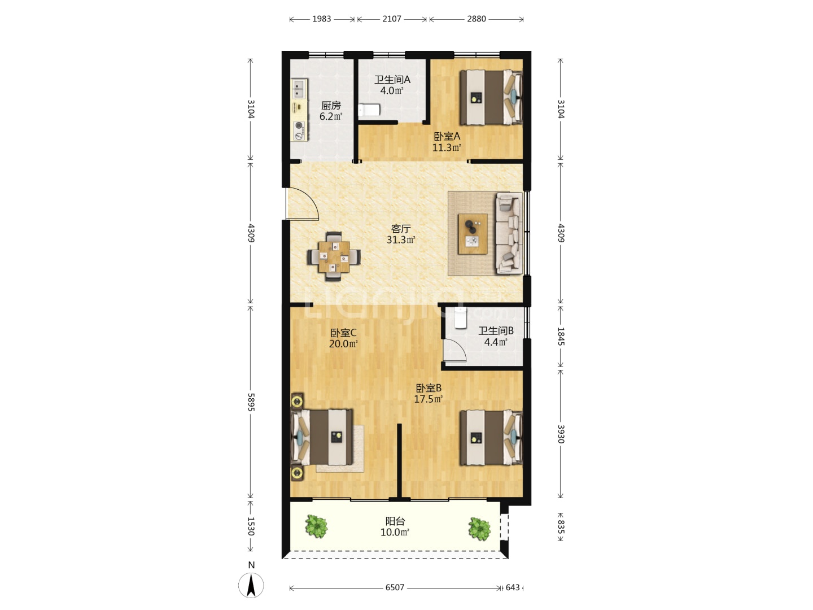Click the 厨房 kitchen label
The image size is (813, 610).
click(331, 106)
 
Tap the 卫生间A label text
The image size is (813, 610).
click(392, 80)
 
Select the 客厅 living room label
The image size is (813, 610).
click(401, 229)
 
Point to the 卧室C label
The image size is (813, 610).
click(343, 333)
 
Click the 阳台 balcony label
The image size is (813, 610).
click(395, 521)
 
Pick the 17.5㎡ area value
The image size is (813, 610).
click(428, 399)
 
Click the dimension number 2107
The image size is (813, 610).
click(391, 19)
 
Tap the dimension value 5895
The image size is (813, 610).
click(251, 402)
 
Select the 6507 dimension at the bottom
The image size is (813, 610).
click(395, 587)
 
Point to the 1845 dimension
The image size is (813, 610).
click(561, 336)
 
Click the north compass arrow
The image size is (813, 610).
click(251, 586)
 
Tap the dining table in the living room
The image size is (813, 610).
click(334, 256)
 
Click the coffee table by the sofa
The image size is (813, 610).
click(473, 234)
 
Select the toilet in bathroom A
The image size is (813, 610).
click(369, 110)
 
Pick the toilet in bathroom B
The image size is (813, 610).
click(460, 318)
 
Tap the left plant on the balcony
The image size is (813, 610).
click(316, 526)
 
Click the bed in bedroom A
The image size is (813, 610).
click(491, 98)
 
